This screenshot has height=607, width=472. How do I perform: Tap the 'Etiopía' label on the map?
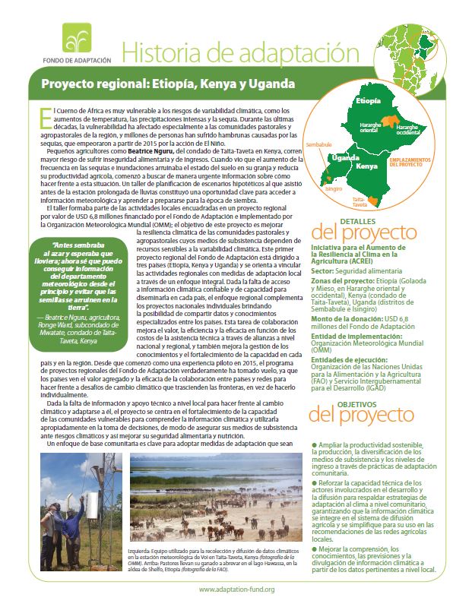[x=368, y=100]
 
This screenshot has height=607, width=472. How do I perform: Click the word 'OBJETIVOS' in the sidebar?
[x=337, y=405]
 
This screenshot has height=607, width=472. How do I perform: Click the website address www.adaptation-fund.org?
[x=236, y=589]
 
